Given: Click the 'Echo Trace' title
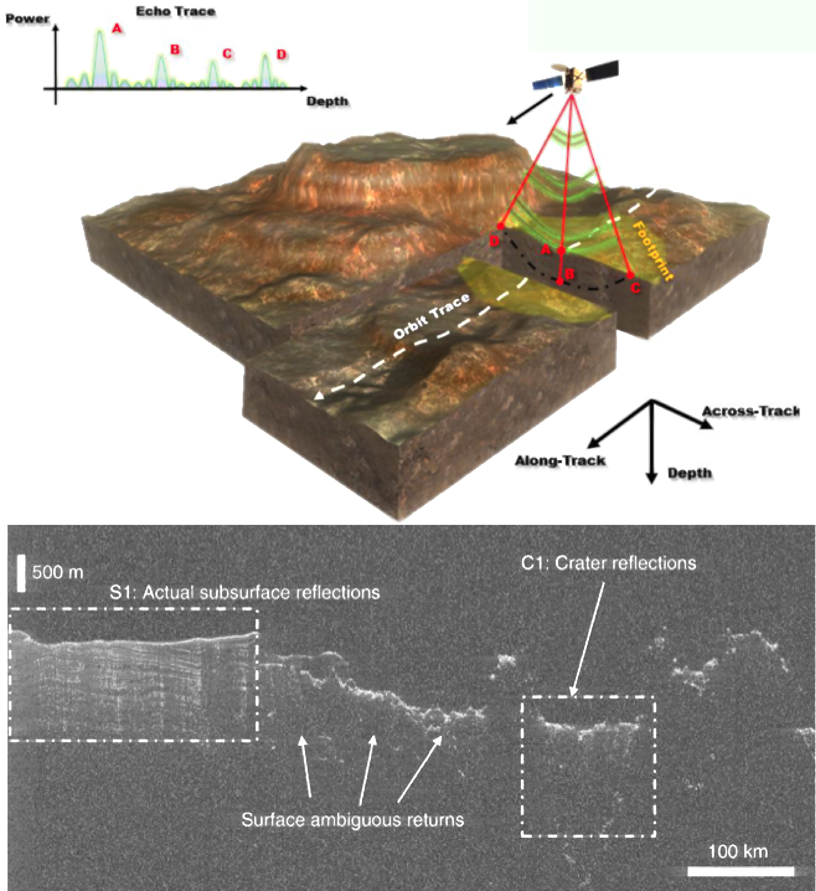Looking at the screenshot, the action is coord(175,12).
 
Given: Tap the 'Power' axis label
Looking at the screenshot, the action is coord(27,19).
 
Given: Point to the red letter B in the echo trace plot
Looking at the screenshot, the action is coord(175,49).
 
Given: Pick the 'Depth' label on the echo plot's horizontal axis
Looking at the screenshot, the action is coord(327,102).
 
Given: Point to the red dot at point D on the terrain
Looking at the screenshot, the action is coord(500,226).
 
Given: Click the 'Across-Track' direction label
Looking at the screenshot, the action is coord(751,411).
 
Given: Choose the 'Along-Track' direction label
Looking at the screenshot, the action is coord(560,461).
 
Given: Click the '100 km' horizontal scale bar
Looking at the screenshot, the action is coord(740,871).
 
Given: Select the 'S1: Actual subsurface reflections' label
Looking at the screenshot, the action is coord(245,593).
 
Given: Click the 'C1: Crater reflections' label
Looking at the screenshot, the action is coord(609,563).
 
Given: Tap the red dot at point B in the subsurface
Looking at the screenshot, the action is coord(560,282).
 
